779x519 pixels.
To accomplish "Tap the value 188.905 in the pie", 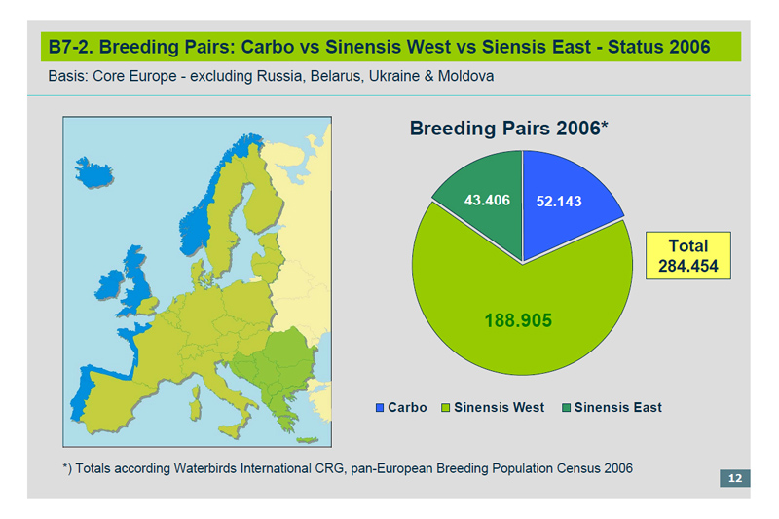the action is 518,320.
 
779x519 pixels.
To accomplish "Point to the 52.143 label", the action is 559,202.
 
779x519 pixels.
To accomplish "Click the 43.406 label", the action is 487,201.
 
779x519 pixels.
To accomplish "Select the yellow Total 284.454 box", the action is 688,256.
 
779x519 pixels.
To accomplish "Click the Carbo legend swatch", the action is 380,408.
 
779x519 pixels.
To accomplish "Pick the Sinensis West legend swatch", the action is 446,408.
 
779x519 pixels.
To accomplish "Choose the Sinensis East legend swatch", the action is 566,408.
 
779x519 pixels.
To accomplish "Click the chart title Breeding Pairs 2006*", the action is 508,129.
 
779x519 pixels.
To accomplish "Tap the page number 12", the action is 735,478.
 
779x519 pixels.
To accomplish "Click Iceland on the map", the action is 93,172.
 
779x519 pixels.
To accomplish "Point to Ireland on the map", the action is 109,285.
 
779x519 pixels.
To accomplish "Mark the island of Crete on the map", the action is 307,440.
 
